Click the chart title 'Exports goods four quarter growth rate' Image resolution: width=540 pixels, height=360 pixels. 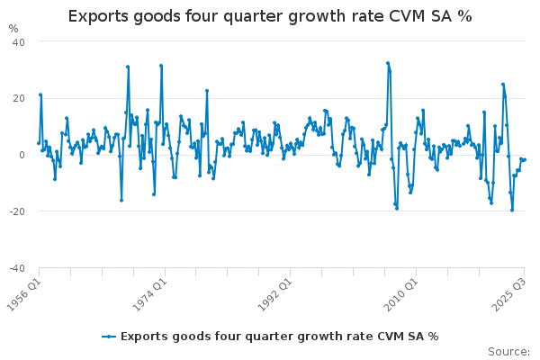click(270, 16)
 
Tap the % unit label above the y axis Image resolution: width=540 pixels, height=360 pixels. click(13, 29)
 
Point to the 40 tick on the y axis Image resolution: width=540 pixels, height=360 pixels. click(18, 41)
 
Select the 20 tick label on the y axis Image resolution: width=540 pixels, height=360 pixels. click(18, 98)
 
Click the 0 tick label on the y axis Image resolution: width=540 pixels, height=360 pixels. click(22, 155)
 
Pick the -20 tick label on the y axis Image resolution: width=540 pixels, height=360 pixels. click(16, 211)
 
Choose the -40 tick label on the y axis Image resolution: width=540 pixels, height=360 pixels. click(16, 268)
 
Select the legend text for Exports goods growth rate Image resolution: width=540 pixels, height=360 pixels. click(279, 336)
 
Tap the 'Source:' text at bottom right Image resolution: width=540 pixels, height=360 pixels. click(509, 351)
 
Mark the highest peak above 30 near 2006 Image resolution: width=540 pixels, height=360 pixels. click(388, 63)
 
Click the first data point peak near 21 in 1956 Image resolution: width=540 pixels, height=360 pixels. click(40, 94)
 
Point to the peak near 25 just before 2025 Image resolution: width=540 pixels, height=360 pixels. click(503, 84)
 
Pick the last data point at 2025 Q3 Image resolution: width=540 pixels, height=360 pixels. click(525, 159)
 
